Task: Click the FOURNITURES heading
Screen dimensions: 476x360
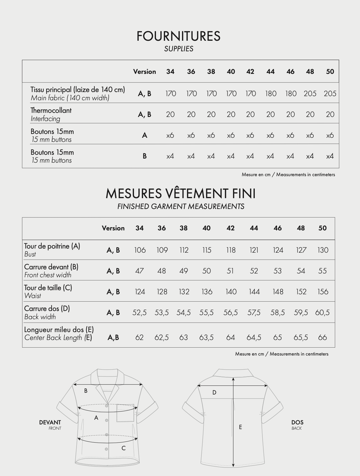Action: (x=178, y=36)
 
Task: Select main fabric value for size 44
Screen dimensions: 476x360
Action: (x=271, y=93)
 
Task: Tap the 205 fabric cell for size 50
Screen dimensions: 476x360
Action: (x=330, y=93)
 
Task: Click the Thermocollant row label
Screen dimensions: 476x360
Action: (x=51, y=110)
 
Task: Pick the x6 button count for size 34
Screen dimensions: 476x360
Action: (x=170, y=135)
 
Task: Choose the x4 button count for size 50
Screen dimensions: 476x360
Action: (x=330, y=156)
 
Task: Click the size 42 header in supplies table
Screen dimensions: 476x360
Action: (x=250, y=72)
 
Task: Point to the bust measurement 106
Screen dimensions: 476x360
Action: (x=140, y=250)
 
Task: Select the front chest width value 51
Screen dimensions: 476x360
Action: (x=230, y=271)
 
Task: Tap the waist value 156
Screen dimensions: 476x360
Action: (x=323, y=292)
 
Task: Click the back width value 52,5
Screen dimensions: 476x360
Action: (x=139, y=312)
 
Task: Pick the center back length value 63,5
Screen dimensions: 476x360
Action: (x=206, y=337)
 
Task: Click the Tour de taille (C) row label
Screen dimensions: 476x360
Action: (x=48, y=288)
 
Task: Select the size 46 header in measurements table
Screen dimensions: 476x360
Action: (x=277, y=228)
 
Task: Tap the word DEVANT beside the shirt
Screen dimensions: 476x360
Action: (x=50, y=422)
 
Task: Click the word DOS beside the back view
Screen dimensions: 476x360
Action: (x=297, y=422)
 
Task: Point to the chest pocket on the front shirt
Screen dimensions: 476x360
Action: (x=125, y=413)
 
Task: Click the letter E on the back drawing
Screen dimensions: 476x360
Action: (x=240, y=427)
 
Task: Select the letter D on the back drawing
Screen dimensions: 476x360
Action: (x=214, y=392)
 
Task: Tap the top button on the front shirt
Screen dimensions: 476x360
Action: (x=106, y=406)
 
